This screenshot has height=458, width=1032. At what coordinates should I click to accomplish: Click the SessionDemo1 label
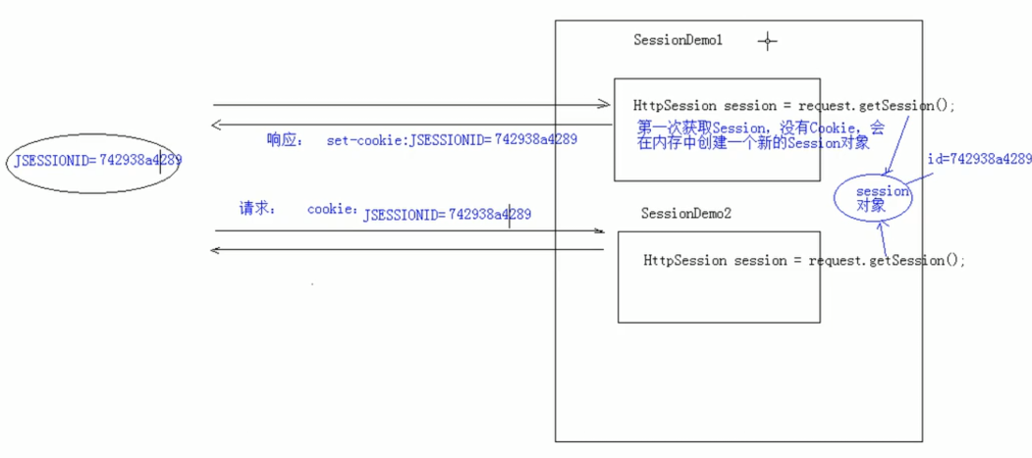click(679, 41)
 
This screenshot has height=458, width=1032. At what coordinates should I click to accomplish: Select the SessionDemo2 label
click(686, 213)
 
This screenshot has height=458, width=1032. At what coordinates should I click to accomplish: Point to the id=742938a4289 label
click(979, 159)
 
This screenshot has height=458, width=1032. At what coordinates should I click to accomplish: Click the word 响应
click(286, 139)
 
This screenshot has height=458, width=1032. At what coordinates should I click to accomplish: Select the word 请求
click(258, 209)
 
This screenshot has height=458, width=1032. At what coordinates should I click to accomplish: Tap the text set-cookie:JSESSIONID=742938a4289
click(452, 140)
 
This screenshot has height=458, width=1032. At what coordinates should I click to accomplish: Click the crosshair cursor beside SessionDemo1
click(768, 41)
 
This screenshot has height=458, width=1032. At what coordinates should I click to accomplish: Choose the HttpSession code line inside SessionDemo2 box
click(804, 261)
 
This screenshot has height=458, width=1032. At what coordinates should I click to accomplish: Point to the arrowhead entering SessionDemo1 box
click(607, 105)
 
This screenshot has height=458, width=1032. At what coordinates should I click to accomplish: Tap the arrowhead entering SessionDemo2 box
click(599, 231)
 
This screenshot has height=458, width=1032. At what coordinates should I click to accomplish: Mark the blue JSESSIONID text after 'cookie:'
click(447, 215)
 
